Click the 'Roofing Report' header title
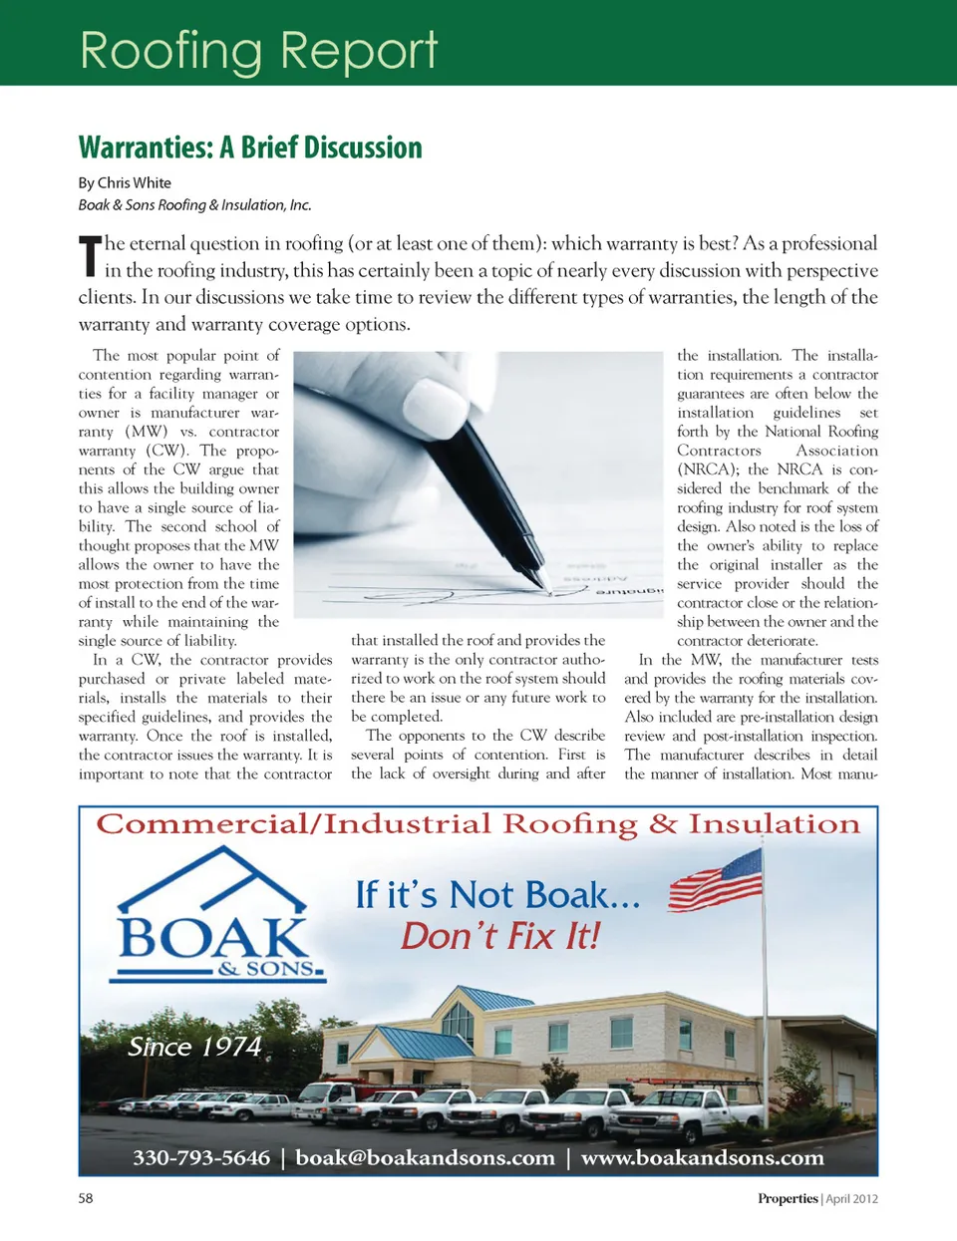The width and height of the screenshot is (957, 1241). tap(258, 50)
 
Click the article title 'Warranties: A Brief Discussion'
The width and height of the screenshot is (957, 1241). tap(250, 148)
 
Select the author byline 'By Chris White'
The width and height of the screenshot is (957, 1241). tap(125, 182)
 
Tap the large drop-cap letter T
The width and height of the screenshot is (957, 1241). tap(90, 256)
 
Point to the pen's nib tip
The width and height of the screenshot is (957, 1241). tap(546, 587)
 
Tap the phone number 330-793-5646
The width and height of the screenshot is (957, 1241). tap(201, 1157)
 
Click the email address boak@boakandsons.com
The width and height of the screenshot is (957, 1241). tap(425, 1157)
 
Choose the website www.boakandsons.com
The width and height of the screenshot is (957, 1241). tap(702, 1157)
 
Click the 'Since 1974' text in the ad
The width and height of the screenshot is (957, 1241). tap(194, 1047)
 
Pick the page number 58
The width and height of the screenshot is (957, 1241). tap(86, 1198)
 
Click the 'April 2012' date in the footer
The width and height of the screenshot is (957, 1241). tap(851, 1199)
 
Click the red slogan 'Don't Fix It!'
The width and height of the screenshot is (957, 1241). tap(500, 936)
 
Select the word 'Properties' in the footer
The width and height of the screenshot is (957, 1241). tap(788, 1199)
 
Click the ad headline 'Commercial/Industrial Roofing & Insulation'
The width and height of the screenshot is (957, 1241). tap(478, 824)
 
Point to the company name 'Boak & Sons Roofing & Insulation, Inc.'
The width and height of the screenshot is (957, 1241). tap(195, 204)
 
